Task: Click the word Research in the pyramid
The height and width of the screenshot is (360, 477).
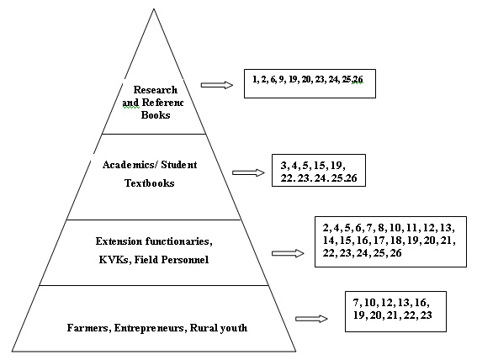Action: pos(155,90)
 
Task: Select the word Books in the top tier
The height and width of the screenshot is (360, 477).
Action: pos(156,115)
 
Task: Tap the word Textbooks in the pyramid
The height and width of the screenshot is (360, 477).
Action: pos(150,183)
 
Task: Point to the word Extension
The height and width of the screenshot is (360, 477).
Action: pos(119,241)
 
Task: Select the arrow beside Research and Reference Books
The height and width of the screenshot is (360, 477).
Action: pos(217,85)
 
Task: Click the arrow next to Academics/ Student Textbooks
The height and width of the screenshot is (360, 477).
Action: pos(248,172)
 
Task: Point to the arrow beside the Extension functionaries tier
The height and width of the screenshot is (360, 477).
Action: pos(288,253)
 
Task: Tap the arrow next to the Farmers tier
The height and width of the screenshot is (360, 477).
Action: pos(311,319)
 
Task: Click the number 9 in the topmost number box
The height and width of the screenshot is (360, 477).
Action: pos(281,79)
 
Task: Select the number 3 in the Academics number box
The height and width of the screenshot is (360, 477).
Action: pos(284,166)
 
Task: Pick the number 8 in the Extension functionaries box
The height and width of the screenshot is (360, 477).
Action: pos(381,228)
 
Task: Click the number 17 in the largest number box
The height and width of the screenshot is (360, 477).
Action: pos(379,241)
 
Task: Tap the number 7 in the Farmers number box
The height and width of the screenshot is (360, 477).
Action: pos(356,303)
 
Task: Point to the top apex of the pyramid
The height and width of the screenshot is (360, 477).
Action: pos(154,8)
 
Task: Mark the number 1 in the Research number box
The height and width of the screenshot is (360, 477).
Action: pos(255,79)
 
